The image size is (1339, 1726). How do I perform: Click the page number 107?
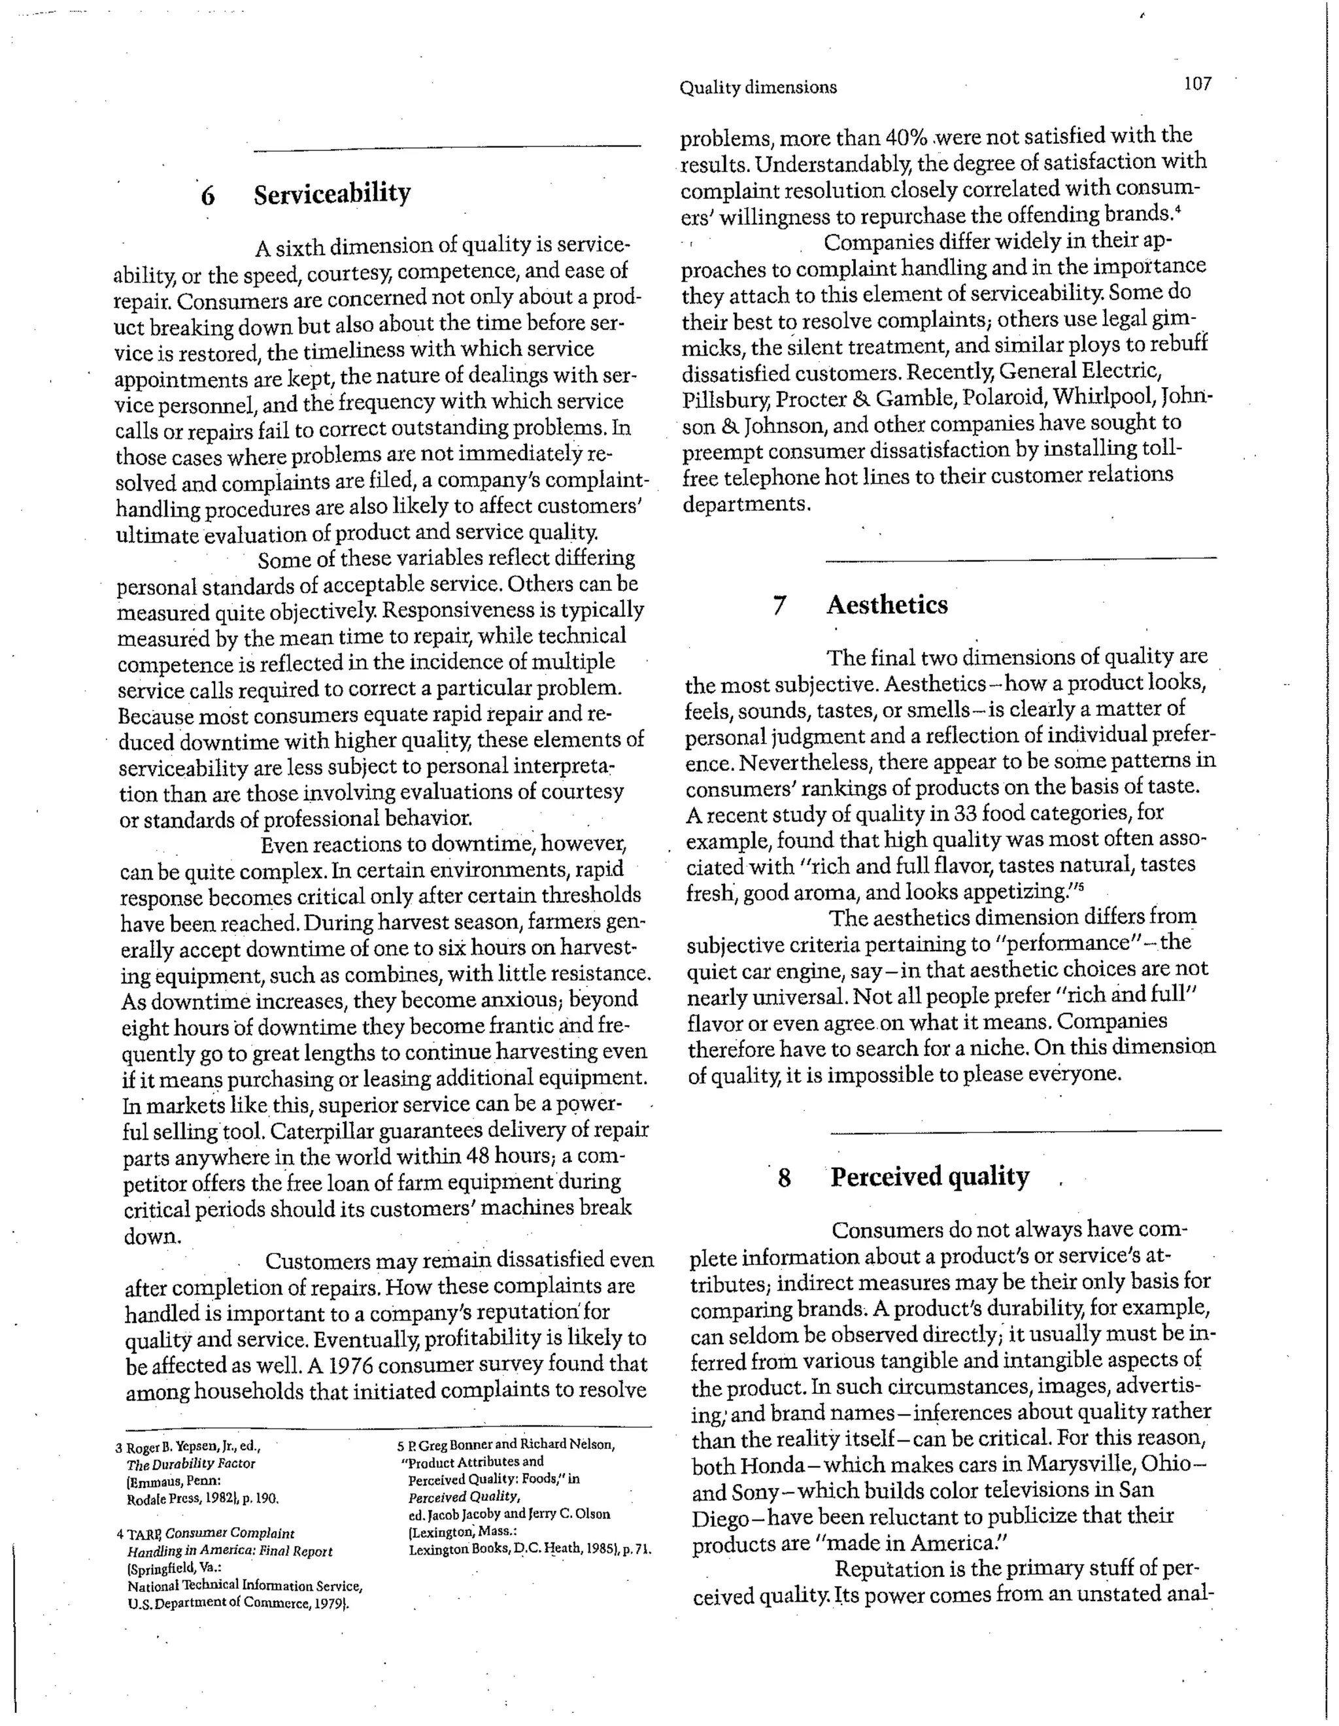(x=1198, y=84)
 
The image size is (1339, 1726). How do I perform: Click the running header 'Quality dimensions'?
(x=757, y=88)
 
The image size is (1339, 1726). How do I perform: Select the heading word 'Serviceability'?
(x=332, y=194)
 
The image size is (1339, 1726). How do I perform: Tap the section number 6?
(x=208, y=196)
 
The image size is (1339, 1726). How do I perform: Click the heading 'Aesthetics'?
(x=887, y=605)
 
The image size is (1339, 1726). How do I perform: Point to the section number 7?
(x=779, y=607)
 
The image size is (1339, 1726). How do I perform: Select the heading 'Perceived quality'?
(x=930, y=1177)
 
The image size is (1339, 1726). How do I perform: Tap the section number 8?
(x=783, y=1179)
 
